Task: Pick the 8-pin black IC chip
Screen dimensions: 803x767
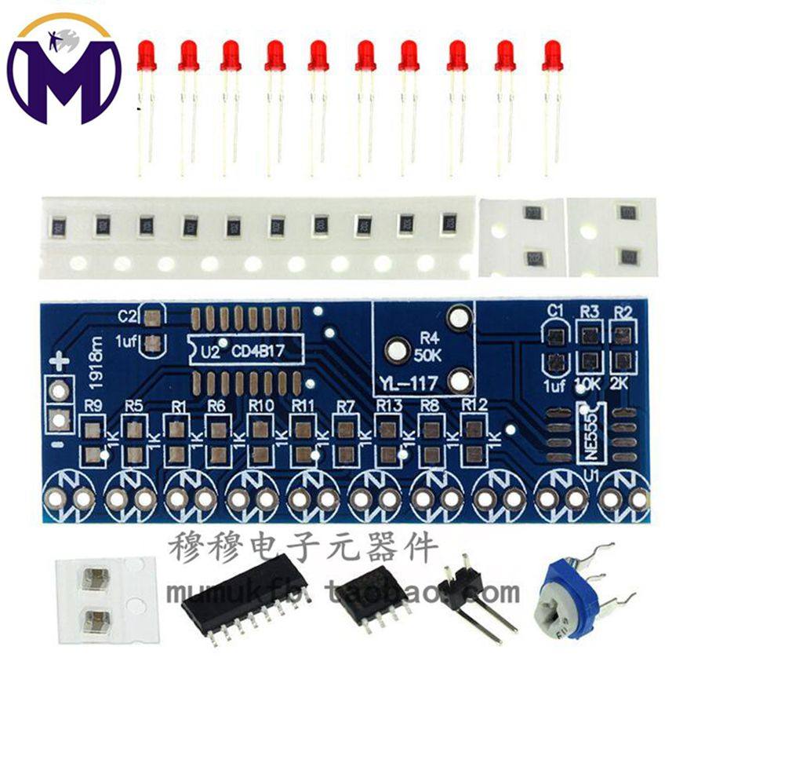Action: [372, 597]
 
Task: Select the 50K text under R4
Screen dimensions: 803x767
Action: [428, 354]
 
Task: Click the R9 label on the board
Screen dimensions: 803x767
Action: [93, 407]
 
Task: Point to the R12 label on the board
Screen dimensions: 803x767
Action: [474, 404]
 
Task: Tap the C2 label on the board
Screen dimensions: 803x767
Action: [127, 316]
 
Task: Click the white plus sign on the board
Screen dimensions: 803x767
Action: [60, 363]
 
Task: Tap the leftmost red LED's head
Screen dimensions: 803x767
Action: [146, 55]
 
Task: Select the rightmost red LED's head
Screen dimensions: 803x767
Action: [551, 55]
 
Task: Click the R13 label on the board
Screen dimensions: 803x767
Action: [388, 405]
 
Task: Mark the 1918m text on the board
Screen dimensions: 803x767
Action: [96, 365]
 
